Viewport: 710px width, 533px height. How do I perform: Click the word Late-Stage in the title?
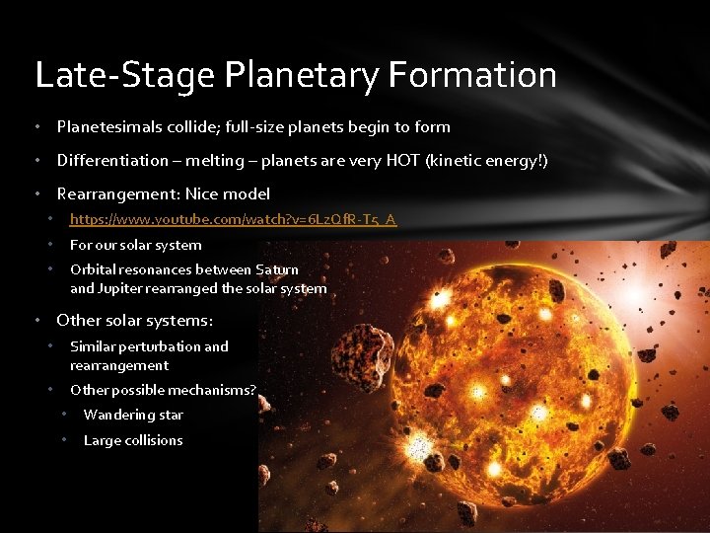pyautogui.click(x=115, y=75)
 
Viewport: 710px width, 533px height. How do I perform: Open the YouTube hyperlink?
pyautogui.click(x=233, y=219)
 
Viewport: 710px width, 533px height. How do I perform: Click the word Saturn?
pyautogui.click(x=277, y=269)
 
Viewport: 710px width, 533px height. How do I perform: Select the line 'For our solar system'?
pyautogui.click(x=135, y=245)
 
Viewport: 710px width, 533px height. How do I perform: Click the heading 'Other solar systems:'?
pyautogui.click(x=134, y=320)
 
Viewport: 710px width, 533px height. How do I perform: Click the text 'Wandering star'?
pyautogui.click(x=133, y=415)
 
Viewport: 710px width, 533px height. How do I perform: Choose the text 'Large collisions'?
pyautogui.click(x=133, y=440)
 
